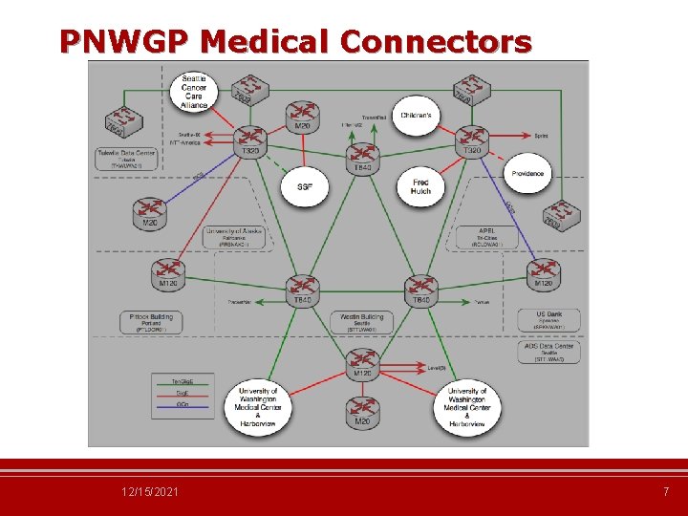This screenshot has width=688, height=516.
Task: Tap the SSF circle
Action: pyautogui.click(x=304, y=185)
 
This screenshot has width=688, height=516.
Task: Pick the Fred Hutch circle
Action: pyautogui.click(x=420, y=185)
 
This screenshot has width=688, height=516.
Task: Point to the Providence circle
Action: pyautogui.click(x=527, y=173)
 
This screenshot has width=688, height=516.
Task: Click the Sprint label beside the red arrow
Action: pyautogui.click(x=541, y=137)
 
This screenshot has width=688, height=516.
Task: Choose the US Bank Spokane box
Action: pyautogui.click(x=548, y=320)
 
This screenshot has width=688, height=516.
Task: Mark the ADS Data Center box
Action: pyautogui.click(x=548, y=353)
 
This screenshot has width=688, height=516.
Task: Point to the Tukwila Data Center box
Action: pyautogui.click(x=125, y=158)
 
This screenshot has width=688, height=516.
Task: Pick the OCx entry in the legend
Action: pyautogui.click(x=182, y=405)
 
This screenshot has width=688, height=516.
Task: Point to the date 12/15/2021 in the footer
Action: pyautogui.click(x=149, y=491)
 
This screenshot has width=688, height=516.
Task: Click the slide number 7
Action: pyautogui.click(x=666, y=491)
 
